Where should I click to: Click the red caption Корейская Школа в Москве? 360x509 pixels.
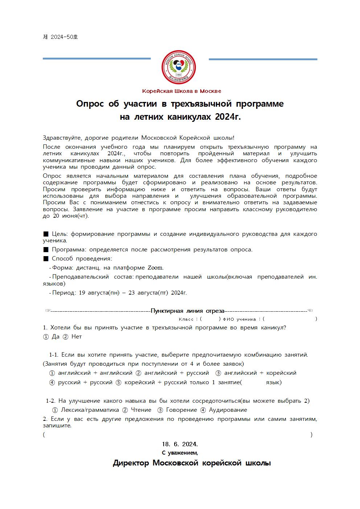click(181, 91)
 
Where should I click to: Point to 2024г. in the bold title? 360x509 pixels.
click(228, 117)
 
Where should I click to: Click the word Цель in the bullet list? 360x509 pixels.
click(60, 234)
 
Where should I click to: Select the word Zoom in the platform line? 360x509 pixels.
click(155, 268)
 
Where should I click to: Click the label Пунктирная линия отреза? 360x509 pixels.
click(187, 311)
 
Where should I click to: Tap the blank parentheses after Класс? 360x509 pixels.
click(210, 319)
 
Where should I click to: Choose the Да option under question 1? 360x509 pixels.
click(52, 337)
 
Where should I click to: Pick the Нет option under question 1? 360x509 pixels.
click(73, 337)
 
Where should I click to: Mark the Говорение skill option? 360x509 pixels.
click(177, 410)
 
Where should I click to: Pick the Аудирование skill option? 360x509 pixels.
click(224, 410)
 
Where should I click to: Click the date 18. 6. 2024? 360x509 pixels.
click(180, 444)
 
